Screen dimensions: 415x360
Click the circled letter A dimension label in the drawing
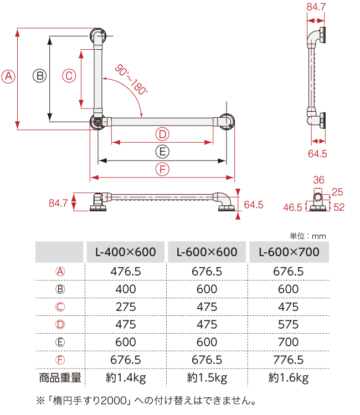tap(8, 76)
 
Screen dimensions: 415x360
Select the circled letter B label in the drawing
tap(39, 76)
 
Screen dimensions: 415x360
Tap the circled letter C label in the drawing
tap(68, 76)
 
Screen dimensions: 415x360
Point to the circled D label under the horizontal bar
tap(162, 134)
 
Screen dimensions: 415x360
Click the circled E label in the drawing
tap(162, 152)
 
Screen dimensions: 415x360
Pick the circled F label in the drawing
tap(162, 169)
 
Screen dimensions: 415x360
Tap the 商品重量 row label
tap(60, 378)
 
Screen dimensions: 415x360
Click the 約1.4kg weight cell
tap(126, 378)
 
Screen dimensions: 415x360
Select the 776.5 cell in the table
tap(289, 360)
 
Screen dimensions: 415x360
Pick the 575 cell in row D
tap(289, 324)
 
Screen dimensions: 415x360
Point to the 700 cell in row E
tap(289, 342)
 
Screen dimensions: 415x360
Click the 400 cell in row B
tap(126, 289)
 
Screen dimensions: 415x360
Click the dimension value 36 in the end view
tap(318, 180)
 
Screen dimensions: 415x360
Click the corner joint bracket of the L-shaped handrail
tap(98, 121)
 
